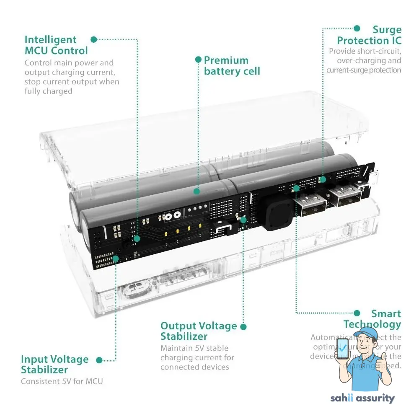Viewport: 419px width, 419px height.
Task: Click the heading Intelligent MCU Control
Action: click(56, 45)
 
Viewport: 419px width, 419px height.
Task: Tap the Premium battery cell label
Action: click(232, 66)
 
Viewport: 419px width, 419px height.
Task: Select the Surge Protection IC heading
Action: click(369, 35)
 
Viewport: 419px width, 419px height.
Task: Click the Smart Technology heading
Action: click(372, 319)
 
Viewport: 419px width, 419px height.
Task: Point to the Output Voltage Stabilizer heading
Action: click(199, 331)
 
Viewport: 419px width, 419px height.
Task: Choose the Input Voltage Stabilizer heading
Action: click(55, 365)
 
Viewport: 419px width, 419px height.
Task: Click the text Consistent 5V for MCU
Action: click(62, 381)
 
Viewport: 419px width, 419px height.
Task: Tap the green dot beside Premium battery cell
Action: click(198, 60)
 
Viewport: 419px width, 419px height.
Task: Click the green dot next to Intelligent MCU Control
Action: click(94, 39)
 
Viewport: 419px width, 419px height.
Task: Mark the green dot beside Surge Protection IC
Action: click(357, 28)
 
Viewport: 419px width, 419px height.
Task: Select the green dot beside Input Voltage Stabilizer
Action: click(99, 360)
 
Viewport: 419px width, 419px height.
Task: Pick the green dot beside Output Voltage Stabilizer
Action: click(243, 326)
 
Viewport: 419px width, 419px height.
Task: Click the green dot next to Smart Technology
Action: click(357, 313)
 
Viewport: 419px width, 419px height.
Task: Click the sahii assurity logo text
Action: click(362, 398)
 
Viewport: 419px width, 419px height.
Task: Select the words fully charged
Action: click(48, 91)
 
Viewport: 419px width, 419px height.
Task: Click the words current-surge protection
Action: click(364, 70)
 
